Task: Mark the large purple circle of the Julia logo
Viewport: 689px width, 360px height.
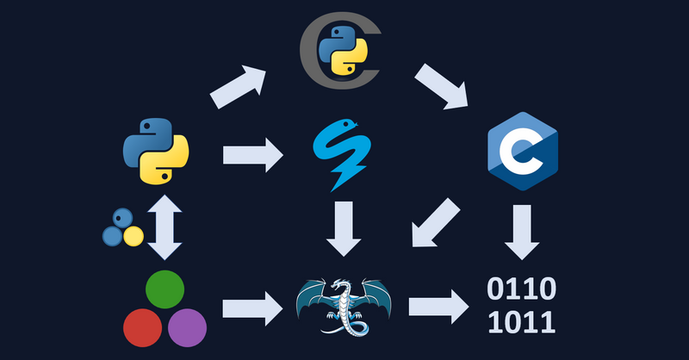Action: tap(187, 327)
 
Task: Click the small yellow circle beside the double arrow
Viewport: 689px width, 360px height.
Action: tap(133, 235)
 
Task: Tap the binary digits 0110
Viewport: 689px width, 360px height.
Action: tap(521, 289)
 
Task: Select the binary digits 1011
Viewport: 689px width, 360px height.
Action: tap(521, 323)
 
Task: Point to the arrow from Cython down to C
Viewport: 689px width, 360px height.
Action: tap(442, 86)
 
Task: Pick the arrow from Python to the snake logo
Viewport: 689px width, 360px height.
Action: tap(252, 156)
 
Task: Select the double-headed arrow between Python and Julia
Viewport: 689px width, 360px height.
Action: tap(165, 227)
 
